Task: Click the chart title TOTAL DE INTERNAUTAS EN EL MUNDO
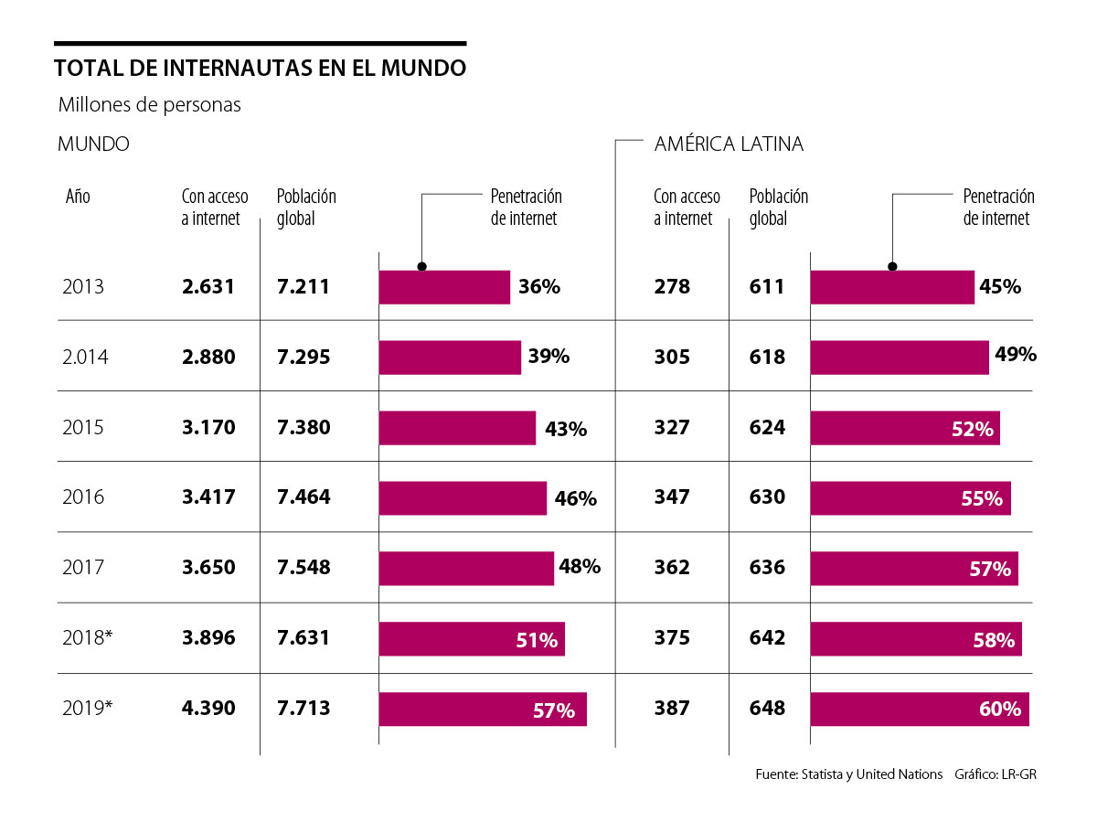[x=260, y=69]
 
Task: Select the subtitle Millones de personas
[x=149, y=105]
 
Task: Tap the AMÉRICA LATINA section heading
[x=729, y=144]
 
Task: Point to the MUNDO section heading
[x=93, y=144]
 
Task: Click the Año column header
[x=78, y=197]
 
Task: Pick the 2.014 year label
[x=85, y=358]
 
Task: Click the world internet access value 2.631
[x=208, y=287]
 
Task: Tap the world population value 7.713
[x=304, y=708]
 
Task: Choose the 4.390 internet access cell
[x=208, y=708]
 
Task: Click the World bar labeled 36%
[x=444, y=287]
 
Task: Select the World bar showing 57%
[x=483, y=709]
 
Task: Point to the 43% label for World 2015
[x=566, y=429]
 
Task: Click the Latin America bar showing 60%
[x=920, y=709]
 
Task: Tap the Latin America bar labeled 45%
[x=892, y=287]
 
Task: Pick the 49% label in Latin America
[x=1016, y=355]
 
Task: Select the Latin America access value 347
[x=672, y=497]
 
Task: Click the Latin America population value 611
[x=767, y=287]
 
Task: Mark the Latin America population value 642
[x=767, y=638]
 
